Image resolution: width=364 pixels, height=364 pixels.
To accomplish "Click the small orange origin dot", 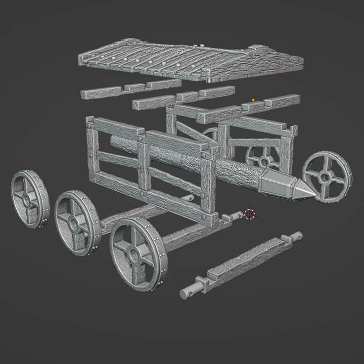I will pos(253,100).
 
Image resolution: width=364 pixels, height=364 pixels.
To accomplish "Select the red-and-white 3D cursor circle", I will pos(249,213).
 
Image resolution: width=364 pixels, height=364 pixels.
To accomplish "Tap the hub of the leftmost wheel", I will pos(26,199).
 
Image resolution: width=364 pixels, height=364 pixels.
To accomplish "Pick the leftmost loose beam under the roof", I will pos(101,93).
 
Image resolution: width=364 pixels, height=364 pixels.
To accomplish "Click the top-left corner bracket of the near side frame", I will pos(90,122).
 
